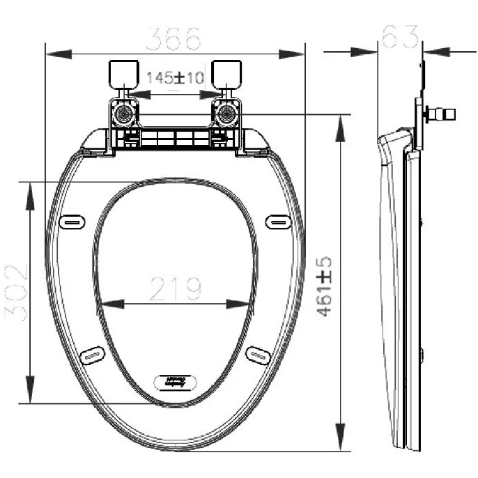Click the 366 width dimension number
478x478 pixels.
coord(173,39)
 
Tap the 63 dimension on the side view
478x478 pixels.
coord(400,36)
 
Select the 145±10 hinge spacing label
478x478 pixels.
coord(176,78)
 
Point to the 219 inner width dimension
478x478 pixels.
coord(176,288)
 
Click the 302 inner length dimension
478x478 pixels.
coord(16,293)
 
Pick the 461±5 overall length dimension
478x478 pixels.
coord(324,286)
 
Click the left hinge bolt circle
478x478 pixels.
coord(124,114)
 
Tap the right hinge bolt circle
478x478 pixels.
coord(226,114)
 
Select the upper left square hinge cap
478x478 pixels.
coord(124,75)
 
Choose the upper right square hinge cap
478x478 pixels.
coord(226,75)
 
